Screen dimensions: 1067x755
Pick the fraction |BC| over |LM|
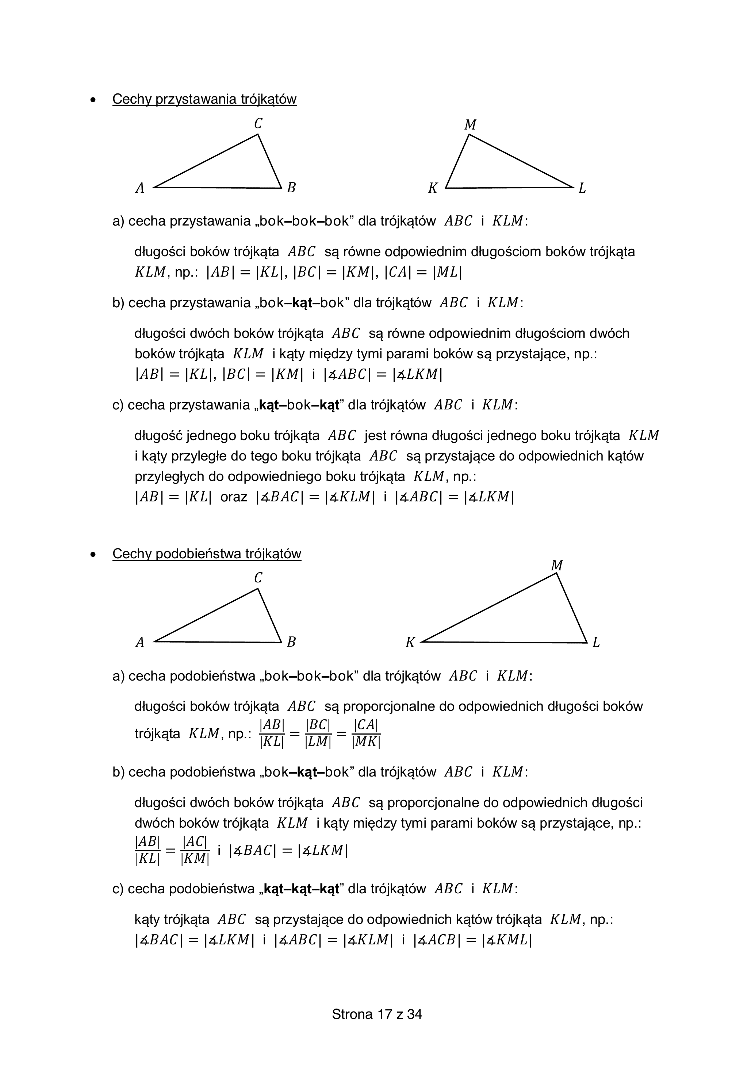point(318,734)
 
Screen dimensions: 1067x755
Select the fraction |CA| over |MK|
point(366,734)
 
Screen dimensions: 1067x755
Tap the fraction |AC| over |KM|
point(195,851)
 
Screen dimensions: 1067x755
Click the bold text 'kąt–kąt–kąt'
point(301,889)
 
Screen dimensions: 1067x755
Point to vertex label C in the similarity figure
point(258,578)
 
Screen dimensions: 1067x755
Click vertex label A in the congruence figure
point(139,188)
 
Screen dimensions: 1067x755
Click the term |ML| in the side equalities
point(447,272)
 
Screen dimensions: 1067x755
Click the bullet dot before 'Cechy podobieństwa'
point(94,554)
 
